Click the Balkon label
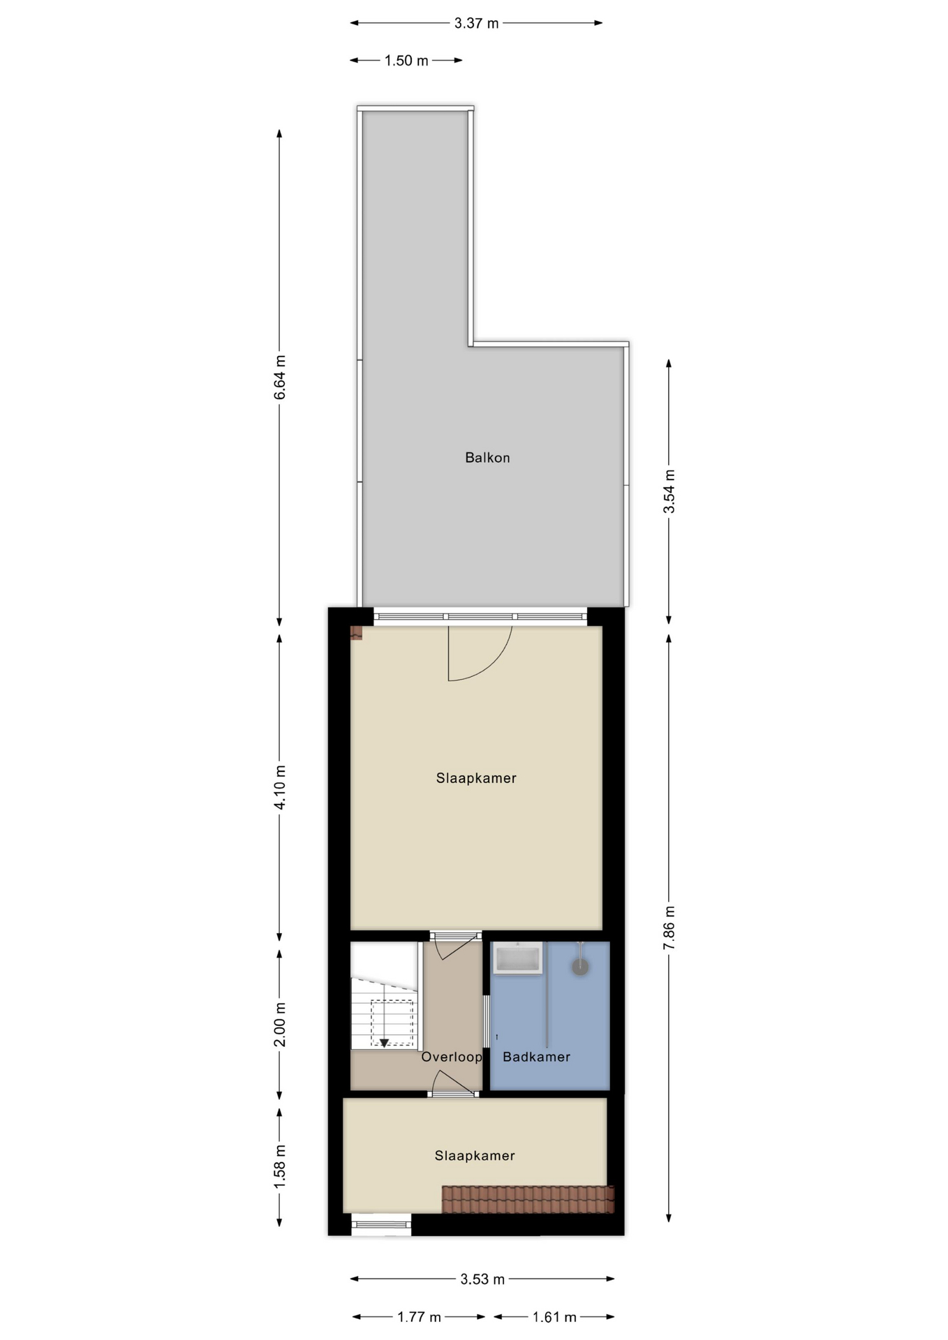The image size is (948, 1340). point(487,458)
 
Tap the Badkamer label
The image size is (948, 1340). point(536,1057)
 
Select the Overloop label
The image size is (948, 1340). point(451,1057)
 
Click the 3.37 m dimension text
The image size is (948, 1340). point(476,23)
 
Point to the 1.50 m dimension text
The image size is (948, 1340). point(406,61)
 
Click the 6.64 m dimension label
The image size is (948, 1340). point(280,378)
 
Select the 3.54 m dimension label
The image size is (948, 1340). point(669,491)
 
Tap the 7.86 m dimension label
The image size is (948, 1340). point(669,927)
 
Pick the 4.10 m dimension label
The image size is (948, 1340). point(280,787)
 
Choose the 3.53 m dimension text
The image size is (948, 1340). point(482,1279)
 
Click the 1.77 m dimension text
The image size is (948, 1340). point(419,1317)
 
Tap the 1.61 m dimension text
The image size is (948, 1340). point(554,1317)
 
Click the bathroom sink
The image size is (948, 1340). point(517,958)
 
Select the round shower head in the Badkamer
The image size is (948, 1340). point(580,967)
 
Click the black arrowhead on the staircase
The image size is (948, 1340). point(384,1043)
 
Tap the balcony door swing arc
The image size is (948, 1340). point(489,663)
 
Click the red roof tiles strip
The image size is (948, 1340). point(528,1199)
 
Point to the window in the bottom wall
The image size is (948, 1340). point(381,1224)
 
